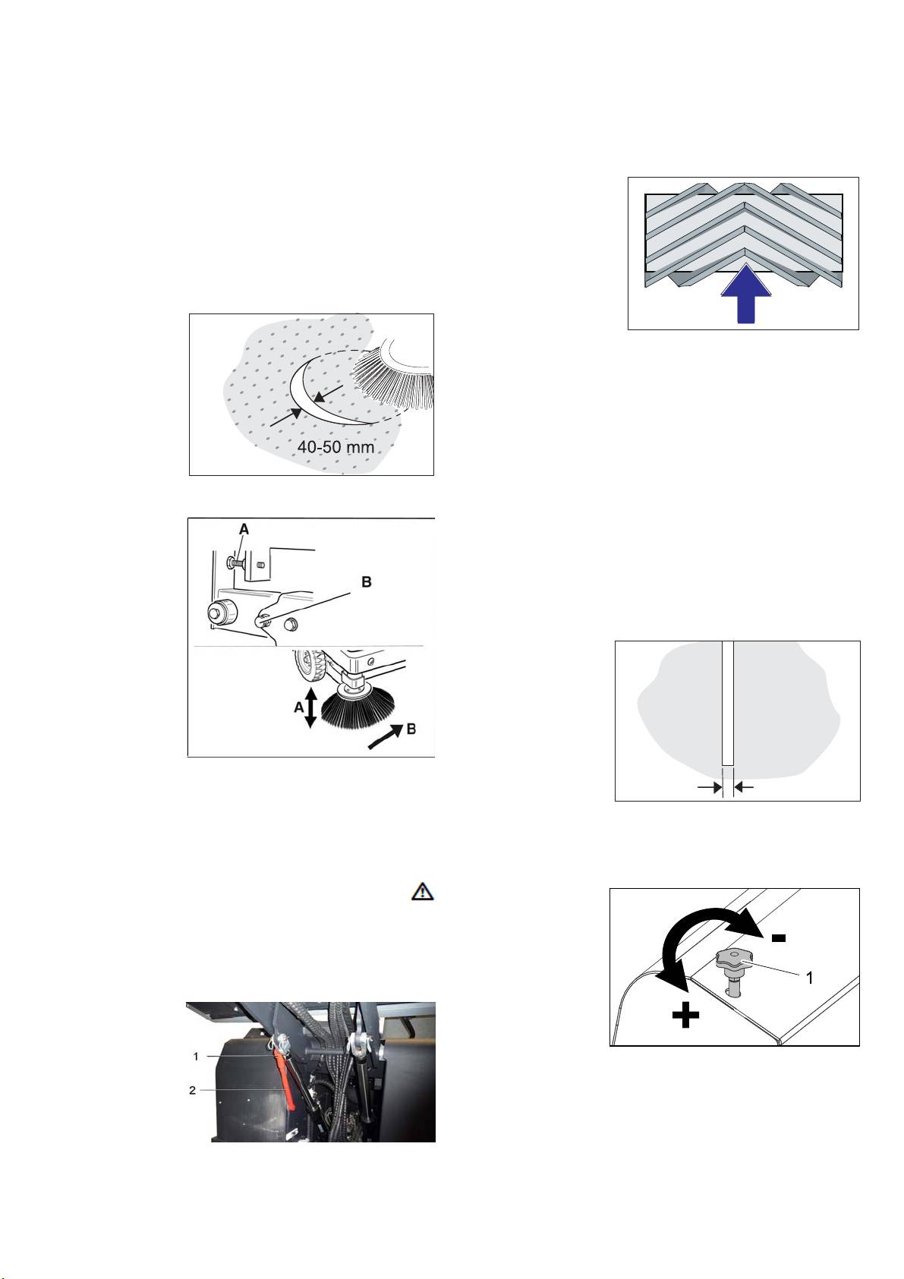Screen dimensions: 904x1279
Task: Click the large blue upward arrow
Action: (746, 294)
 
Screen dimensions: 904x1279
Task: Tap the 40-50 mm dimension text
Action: (335, 446)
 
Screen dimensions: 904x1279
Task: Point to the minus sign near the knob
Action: (778, 937)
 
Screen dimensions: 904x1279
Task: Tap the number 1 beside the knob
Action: (808, 978)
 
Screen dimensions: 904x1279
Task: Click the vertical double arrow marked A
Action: (310, 707)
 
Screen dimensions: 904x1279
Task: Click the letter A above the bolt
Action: (244, 529)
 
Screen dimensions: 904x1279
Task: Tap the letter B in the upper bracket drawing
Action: (367, 582)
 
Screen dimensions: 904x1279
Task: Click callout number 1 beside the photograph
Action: (196, 1057)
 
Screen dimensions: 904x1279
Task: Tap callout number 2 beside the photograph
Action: (193, 1090)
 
